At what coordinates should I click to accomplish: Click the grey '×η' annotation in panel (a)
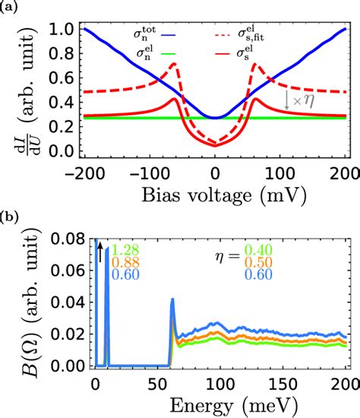(298, 99)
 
